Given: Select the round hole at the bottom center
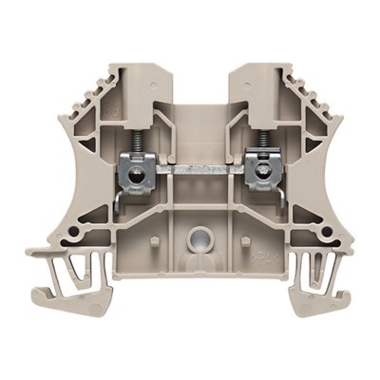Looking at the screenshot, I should point(198,239).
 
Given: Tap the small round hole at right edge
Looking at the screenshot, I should point(327,230).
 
